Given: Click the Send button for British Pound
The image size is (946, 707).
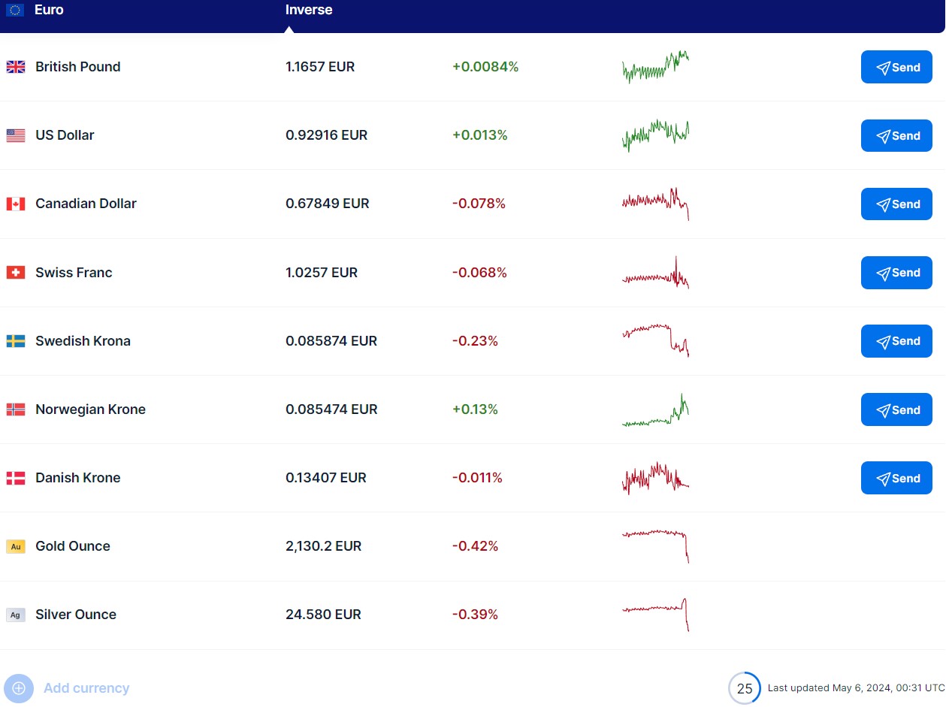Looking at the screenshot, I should click(x=896, y=68).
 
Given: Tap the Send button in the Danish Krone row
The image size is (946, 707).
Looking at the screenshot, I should click(x=896, y=479).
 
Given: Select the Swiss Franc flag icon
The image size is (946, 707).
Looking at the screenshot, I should click(x=16, y=273).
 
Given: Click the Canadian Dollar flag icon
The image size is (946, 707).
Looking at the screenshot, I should click(x=16, y=204).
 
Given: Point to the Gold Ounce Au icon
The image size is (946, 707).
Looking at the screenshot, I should click(x=16, y=547).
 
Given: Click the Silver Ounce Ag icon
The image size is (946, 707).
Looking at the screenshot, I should click(x=16, y=615).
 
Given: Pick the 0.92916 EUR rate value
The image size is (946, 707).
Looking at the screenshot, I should click(x=326, y=135).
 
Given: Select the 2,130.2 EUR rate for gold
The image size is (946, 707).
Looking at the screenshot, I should click(x=323, y=546).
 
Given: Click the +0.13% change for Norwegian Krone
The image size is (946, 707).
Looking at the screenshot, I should click(x=475, y=409).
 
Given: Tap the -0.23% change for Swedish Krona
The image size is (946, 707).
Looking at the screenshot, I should click(x=475, y=341).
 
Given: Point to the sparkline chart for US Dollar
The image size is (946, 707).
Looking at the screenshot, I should click(x=655, y=134).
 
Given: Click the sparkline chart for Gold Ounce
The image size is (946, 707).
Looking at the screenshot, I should click(x=655, y=544).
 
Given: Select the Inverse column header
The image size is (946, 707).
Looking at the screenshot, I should click(x=309, y=11).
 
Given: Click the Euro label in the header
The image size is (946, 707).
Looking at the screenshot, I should click(x=49, y=11).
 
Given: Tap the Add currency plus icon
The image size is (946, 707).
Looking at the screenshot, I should click(x=19, y=688).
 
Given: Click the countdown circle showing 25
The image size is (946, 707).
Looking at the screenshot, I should click(x=744, y=688).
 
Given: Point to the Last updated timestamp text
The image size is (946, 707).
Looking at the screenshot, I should click(x=856, y=688).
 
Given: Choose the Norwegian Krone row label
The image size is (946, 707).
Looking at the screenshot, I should click(x=90, y=409).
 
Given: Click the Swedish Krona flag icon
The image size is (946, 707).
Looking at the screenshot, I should click(x=16, y=341).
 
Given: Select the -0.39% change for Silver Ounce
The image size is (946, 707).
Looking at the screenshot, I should click(x=475, y=615).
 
